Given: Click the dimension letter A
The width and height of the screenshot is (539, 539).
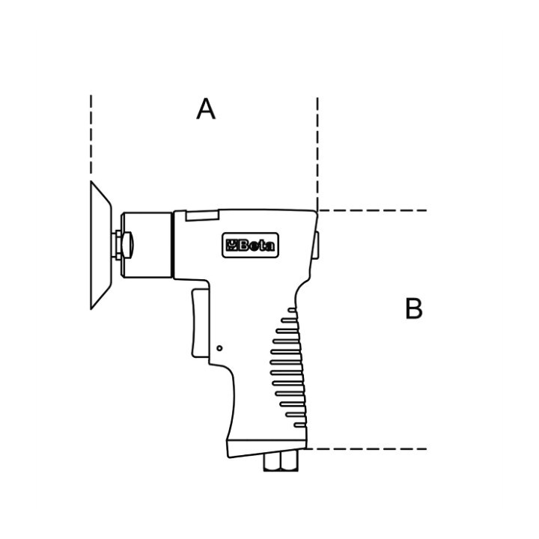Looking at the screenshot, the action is click(206, 109).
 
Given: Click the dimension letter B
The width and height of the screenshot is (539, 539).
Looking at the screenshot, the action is click(413, 308).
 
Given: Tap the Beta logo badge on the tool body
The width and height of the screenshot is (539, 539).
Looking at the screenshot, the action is click(251, 246).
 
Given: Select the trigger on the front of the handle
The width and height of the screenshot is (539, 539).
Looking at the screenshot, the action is click(201, 324).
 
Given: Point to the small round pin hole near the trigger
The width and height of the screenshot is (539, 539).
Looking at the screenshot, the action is click(219, 348).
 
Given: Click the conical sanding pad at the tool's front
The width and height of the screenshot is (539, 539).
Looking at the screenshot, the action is click(101, 245).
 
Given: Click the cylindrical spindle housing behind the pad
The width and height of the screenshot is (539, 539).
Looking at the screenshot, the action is click(147, 245).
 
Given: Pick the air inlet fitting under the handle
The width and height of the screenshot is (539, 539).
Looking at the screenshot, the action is click(281, 461).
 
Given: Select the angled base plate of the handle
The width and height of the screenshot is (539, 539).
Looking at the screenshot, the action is click(266, 448).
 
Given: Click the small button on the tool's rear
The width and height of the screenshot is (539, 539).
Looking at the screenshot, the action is click(316, 245).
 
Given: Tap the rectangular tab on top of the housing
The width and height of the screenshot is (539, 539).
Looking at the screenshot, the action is click(202, 215).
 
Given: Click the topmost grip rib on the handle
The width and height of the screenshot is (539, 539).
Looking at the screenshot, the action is click(292, 310).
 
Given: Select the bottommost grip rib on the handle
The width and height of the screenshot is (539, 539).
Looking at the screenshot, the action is click(300, 425).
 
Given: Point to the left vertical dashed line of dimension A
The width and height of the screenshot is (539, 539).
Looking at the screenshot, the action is click(91, 135).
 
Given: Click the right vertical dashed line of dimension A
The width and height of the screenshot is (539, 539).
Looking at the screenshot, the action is click(317, 153).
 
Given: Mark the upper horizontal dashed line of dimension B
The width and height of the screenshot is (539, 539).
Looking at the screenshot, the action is click(372, 210).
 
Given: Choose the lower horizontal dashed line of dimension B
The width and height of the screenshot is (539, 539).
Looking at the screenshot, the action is click(366, 448).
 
